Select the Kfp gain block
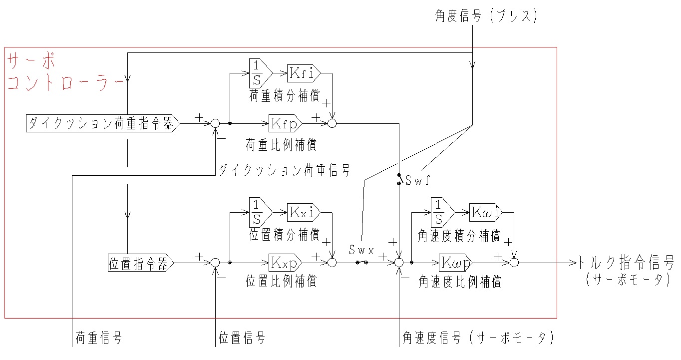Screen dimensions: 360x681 pos(285,122)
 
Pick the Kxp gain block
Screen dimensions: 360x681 pos(285,262)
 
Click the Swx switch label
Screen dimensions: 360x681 pos(362,251)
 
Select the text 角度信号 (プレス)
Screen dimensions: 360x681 pos(486,16)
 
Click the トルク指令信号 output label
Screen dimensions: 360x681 pos(626,262)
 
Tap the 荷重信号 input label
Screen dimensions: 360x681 pos(99,338)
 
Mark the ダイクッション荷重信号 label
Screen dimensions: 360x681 pos(284,170)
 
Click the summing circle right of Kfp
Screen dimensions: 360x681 pos(332,123)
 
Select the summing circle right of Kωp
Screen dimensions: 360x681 pos(515,262)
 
